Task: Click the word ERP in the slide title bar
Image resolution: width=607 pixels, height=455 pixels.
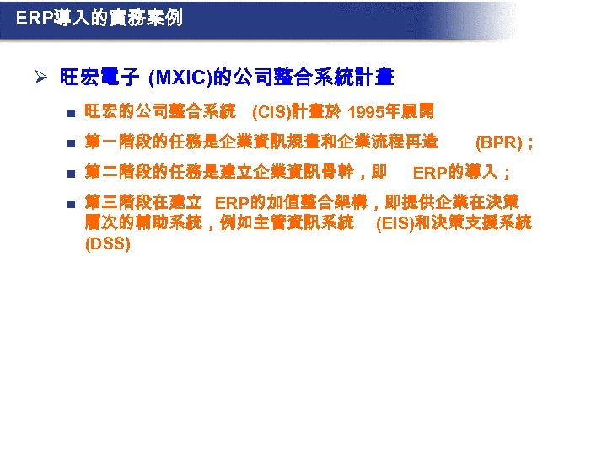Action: click(x=32, y=17)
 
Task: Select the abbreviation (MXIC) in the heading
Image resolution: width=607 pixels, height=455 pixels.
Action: click(x=178, y=79)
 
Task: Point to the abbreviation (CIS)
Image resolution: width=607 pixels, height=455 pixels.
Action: click(x=271, y=112)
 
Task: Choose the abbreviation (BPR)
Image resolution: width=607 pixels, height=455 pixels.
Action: click(x=498, y=142)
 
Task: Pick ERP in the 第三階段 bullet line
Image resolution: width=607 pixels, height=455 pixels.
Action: click(x=233, y=204)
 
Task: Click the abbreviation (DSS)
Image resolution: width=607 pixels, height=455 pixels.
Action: click(x=108, y=244)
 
